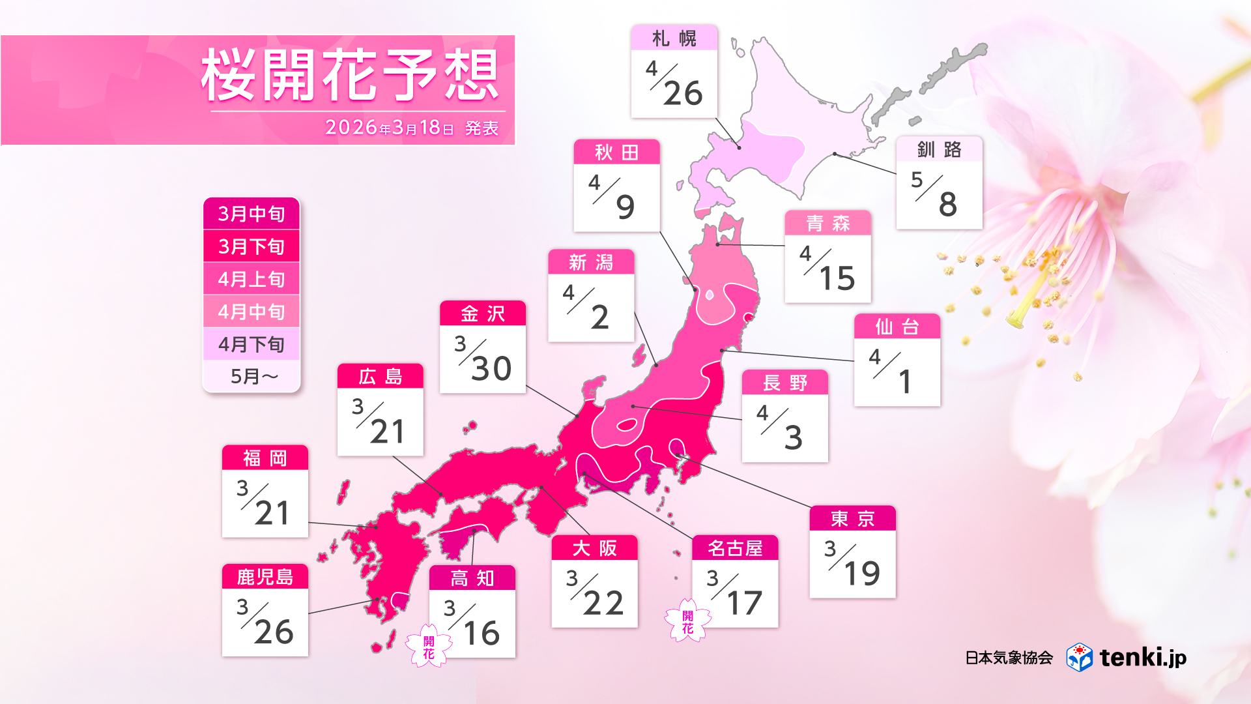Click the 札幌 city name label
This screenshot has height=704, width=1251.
(x=674, y=38)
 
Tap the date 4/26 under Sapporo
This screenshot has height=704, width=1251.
(x=674, y=83)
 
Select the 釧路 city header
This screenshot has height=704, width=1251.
(x=939, y=149)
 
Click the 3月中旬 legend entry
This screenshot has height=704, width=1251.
(x=252, y=214)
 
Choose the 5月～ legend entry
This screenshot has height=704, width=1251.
(x=252, y=376)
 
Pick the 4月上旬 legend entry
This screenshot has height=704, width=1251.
(x=252, y=279)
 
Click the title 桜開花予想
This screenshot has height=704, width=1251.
(x=351, y=76)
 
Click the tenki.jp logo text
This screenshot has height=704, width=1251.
(x=1143, y=657)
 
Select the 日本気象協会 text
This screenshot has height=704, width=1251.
(x=1009, y=658)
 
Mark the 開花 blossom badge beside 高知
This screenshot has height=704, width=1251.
(x=429, y=647)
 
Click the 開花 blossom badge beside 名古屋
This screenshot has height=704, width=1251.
(x=687, y=621)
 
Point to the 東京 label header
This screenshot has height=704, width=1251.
(x=852, y=519)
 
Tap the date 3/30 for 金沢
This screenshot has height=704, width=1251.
(x=482, y=359)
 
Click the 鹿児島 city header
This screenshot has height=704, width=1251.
(x=265, y=577)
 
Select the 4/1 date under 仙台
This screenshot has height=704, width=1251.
(x=897, y=372)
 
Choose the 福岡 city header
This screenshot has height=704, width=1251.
(x=265, y=458)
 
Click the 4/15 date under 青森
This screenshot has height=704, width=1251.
(x=827, y=269)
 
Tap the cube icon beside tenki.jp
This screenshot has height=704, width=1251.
(x=1079, y=657)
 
